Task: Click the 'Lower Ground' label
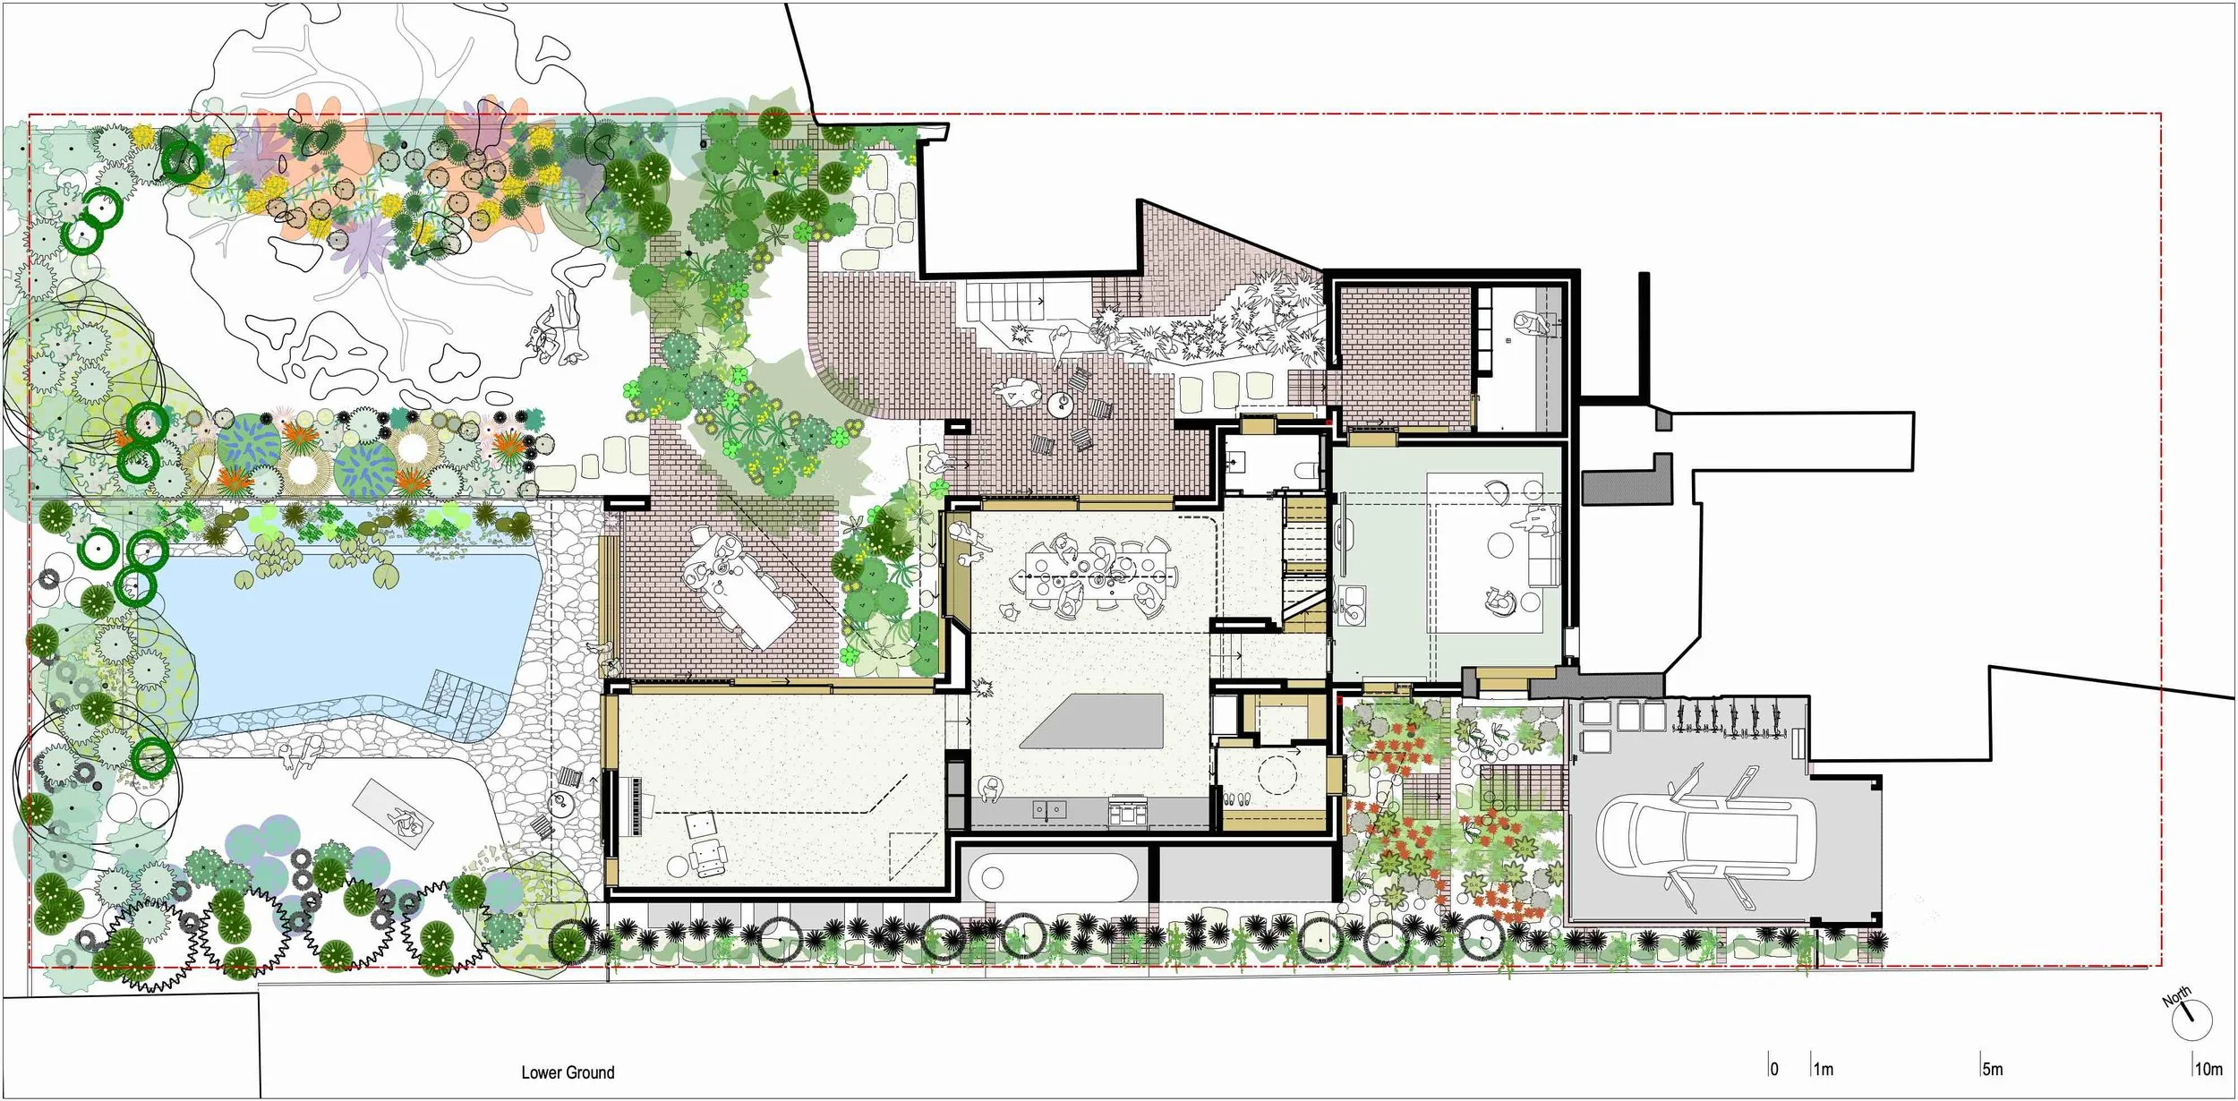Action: pos(568,1072)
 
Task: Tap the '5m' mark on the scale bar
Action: pos(1992,1070)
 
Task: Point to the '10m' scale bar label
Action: pos(2208,1070)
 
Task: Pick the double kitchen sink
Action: pos(1049,810)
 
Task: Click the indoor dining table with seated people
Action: pos(1099,574)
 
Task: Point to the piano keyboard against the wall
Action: pos(637,806)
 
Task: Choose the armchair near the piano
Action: pos(710,858)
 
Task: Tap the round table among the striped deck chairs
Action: pos(1062,405)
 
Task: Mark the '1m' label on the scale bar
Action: pos(1824,1070)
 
